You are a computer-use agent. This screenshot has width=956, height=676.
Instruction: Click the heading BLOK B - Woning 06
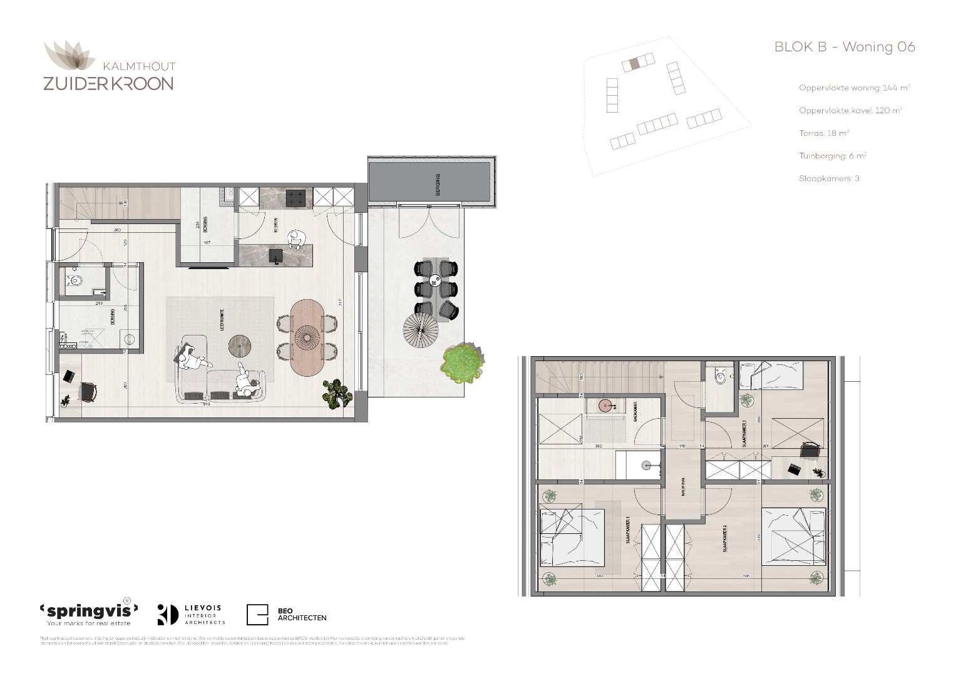click(845, 47)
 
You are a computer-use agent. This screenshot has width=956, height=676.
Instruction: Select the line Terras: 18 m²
click(824, 133)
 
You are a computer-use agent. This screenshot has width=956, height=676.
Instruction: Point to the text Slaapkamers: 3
click(829, 178)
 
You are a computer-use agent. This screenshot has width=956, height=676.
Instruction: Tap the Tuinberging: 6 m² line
click(833, 156)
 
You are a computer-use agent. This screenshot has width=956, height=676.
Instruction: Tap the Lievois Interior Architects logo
click(191, 615)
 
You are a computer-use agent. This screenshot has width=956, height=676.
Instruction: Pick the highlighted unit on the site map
click(634, 63)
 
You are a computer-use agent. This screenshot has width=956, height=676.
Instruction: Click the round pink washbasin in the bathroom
click(605, 406)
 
